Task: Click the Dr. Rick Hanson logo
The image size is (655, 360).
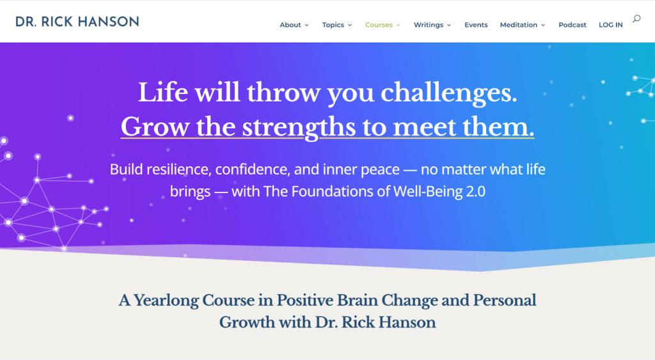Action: [x=77, y=22]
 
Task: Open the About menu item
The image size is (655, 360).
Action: [x=294, y=25]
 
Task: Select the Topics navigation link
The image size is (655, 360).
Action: [x=336, y=25]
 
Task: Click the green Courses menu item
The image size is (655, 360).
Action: [x=383, y=25]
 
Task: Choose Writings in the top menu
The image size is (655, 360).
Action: [x=432, y=25]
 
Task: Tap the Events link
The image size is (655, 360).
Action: [x=476, y=25]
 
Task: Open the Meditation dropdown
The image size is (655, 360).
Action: [x=523, y=25]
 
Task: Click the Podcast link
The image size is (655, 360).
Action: [x=572, y=25]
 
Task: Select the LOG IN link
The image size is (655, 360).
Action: [x=611, y=25]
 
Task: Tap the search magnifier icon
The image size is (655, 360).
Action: [x=636, y=19]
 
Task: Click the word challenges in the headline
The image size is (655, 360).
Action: [x=448, y=93]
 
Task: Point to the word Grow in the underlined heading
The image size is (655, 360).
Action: [x=155, y=127]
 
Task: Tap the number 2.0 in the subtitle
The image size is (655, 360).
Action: [x=475, y=191]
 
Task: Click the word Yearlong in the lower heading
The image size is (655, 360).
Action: [x=166, y=301]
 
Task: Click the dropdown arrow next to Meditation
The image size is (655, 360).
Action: [x=543, y=26]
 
